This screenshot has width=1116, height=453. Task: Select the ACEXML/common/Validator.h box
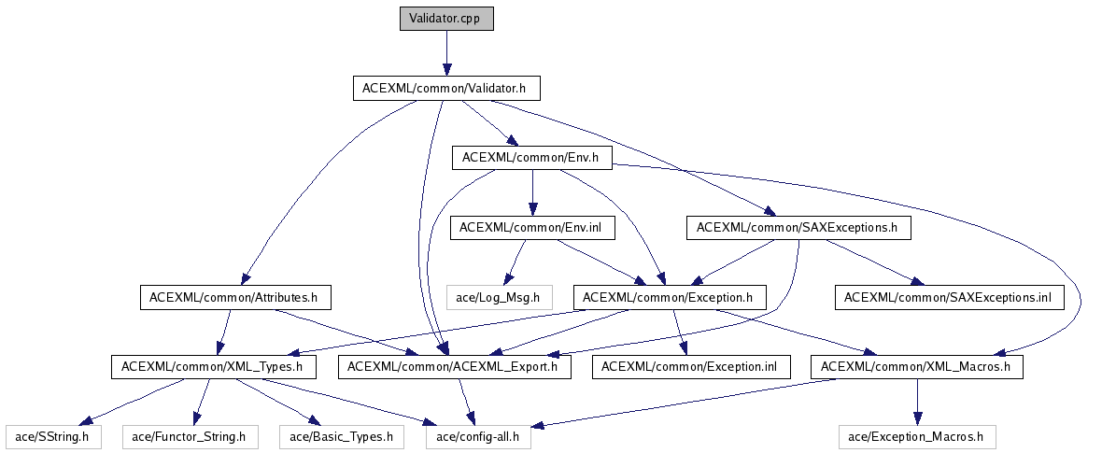click(x=446, y=89)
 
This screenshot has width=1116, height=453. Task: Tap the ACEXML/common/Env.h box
click(x=531, y=159)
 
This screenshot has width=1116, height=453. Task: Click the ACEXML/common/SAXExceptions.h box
click(x=798, y=227)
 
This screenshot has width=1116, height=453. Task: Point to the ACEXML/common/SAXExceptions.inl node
click(x=949, y=297)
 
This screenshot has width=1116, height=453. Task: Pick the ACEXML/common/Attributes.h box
click(x=234, y=297)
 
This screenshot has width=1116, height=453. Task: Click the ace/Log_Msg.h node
click(x=500, y=297)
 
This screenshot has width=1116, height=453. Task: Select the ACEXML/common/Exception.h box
click(x=669, y=297)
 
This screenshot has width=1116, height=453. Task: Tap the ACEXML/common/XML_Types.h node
click(x=213, y=367)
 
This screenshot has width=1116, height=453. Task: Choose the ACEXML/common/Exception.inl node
click(x=690, y=367)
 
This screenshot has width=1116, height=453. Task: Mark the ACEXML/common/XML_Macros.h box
click(x=916, y=367)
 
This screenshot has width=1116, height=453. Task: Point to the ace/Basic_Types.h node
click(x=341, y=436)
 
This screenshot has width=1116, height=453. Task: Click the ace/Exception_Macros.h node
click(x=916, y=436)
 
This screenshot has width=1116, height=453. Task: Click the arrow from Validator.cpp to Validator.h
click(x=446, y=53)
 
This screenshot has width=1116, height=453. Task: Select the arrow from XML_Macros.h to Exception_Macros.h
click(x=916, y=402)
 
